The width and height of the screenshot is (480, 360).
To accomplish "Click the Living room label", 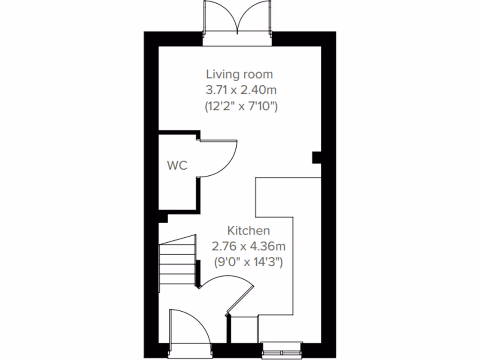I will tap(240, 74).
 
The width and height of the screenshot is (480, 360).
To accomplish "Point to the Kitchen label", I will tap(248, 231).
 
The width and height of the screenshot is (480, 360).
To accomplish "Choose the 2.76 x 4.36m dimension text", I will tap(248, 246).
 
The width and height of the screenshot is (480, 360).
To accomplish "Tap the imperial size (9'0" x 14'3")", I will tap(248, 262).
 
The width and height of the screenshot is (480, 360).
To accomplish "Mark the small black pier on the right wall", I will tap(317, 157).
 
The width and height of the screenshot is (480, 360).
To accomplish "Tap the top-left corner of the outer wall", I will tap(150, 39).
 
